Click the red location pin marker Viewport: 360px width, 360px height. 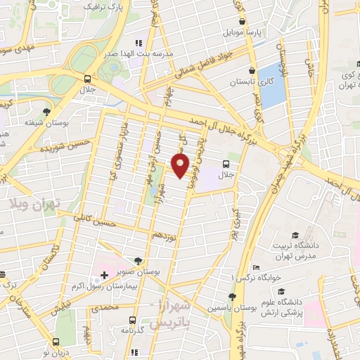click(181, 166)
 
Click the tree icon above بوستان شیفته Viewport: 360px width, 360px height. click(47, 111)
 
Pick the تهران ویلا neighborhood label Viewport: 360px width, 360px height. click(36, 203)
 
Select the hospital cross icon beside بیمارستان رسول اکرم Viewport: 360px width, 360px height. click(103, 275)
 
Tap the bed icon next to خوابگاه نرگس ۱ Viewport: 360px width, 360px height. click(256, 268)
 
